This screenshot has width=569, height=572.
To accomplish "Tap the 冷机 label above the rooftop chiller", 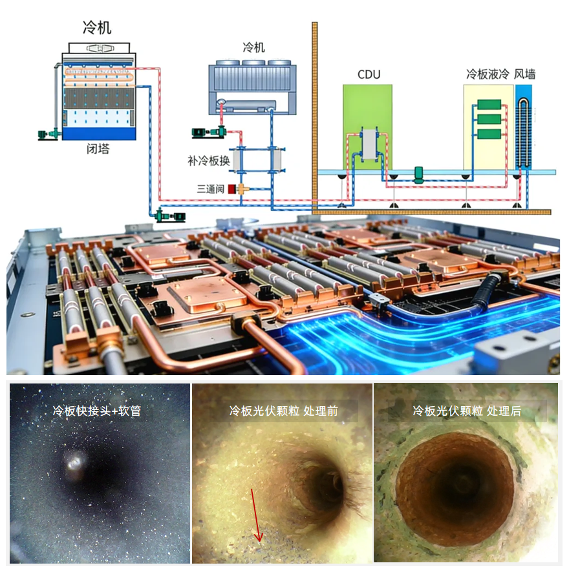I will [x=253, y=48].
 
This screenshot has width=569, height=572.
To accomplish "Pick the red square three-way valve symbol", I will [x=231, y=190].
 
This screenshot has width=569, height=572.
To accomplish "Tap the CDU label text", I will [x=369, y=75].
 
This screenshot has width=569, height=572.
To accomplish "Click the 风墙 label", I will [x=524, y=74].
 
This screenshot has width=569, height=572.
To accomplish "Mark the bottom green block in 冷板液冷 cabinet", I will [x=489, y=134].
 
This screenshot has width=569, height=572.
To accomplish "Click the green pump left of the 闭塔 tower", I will [x=51, y=134].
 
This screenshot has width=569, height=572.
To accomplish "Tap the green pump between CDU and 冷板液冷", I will [x=418, y=173].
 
